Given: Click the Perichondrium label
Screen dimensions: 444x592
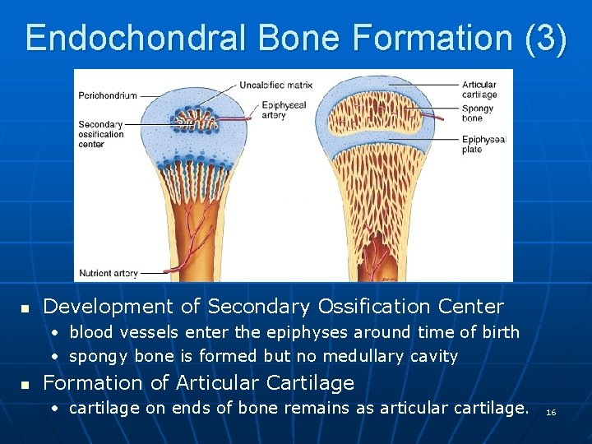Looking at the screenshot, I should click(x=108, y=95).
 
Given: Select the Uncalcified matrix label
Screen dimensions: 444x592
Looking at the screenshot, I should click(x=276, y=84).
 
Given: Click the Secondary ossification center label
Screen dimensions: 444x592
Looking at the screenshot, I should click(x=101, y=134).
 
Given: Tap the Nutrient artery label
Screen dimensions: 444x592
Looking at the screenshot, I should click(x=108, y=273).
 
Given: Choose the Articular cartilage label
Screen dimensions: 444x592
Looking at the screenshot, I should click(x=479, y=90).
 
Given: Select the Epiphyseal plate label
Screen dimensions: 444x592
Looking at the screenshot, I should click(x=483, y=145).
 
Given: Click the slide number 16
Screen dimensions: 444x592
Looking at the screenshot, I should click(x=551, y=411).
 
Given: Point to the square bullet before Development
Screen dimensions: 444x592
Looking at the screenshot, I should click(x=25, y=308).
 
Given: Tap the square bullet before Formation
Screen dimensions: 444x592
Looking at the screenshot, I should click(x=25, y=384).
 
